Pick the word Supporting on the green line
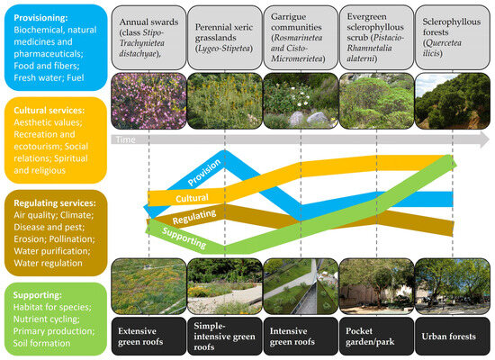tap(184, 238)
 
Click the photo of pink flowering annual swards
tap(148, 102)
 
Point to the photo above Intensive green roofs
tap(301, 286)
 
